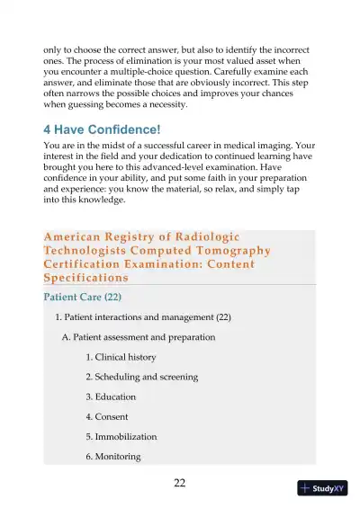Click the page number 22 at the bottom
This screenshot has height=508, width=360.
[x=179, y=484]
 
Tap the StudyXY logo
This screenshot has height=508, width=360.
[x=322, y=488]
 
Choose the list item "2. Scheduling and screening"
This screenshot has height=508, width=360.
[x=141, y=377]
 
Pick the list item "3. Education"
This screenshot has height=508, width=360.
[x=111, y=397]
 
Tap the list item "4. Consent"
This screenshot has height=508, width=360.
[x=107, y=416]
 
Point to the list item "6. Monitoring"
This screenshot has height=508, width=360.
[x=113, y=456]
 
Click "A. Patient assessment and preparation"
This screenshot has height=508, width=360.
[x=138, y=337]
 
